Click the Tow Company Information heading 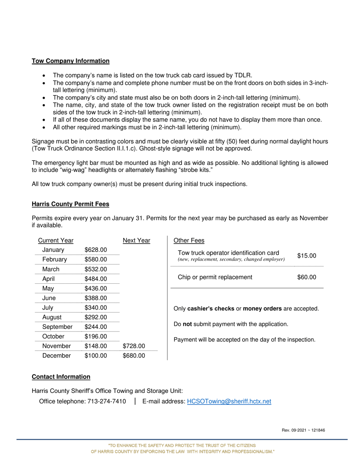pyautogui.click(x=70, y=61)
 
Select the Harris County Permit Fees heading pyautogui.click(x=70, y=204)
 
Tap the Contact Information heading pyautogui.click(x=61, y=377)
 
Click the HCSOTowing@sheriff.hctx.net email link pyautogui.click(x=229, y=402)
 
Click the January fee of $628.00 pyautogui.click(x=95, y=250)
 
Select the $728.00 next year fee pyautogui.click(x=134, y=346)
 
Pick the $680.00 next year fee pyautogui.click(x=134, y=356)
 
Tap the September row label pyautogui.click(x=57, y=327)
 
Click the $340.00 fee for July pyautogui.click(x=95, y=308)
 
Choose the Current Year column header pyautogui.click(x=56, y=241)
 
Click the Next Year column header pyautogui.click(x=136, y=241)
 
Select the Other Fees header pyautogui.click(x=189, y=241)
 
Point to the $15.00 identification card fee pyautogui.click(x=307, y=256)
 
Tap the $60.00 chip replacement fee pyautogui.click(x=307, y=277)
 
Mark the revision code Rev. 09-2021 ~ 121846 pyautogui.click(x=303, y=430)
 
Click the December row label pyautogui.click(x=56, y=356)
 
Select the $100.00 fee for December pyautogui.click(x=95, y=356)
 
